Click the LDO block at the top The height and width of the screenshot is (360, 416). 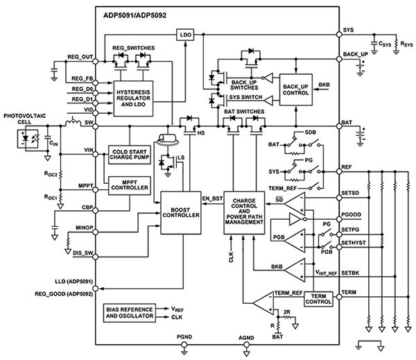(185, 34)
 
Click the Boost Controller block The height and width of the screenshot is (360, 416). (181, 211)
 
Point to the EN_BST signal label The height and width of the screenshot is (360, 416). (213, 200)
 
